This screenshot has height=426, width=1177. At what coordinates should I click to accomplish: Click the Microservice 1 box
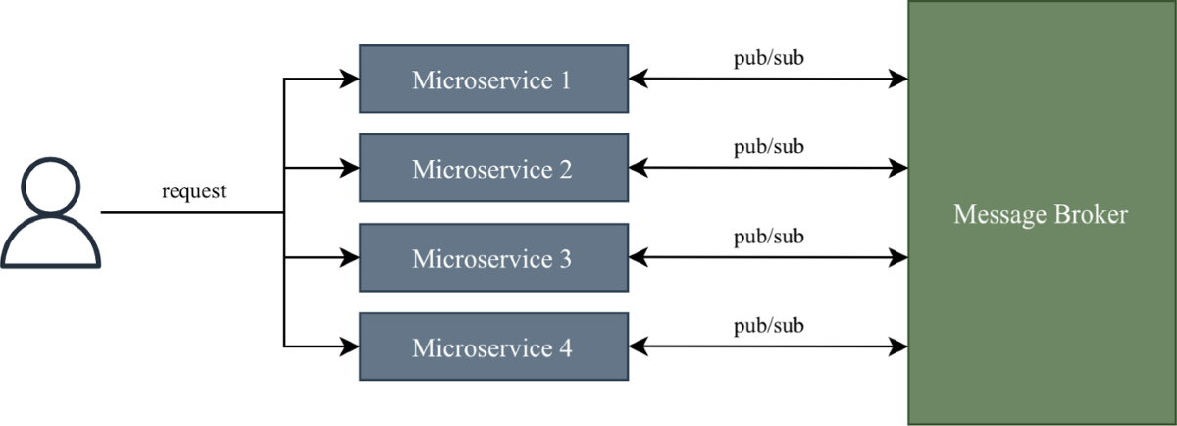click(494, 79)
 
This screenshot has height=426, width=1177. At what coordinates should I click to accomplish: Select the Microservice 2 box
click(494, 168)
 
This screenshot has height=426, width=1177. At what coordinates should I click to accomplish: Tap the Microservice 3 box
click(494, 258)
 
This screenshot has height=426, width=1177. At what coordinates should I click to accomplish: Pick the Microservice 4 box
click(494, 346)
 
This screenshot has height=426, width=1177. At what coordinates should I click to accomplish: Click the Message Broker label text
click(1041, 215)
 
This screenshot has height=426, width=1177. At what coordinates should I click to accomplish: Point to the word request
click(194, 191)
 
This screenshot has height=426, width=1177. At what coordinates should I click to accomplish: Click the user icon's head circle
click(50, 186)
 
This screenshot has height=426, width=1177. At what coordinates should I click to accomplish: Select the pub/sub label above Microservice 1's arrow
click(769, 58)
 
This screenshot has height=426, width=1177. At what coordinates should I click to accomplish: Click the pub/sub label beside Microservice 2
click(769, 147)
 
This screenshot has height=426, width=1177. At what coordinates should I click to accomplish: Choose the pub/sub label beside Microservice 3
click(769, 237)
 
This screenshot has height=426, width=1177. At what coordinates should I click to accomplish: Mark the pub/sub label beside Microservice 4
click(769, 326)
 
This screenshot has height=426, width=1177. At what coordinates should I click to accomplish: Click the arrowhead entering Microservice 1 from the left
click(350, 79)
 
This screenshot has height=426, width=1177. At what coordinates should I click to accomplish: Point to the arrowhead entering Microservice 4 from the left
click(350, 346)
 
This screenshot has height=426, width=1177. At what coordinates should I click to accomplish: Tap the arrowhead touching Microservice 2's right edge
click(638, 168)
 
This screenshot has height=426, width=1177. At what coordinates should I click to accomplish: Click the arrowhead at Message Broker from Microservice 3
click(898, 258)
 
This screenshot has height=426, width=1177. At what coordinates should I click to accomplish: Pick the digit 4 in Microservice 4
click(565, 348)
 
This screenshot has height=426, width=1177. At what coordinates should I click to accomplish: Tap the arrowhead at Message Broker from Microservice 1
click(898, 79)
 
